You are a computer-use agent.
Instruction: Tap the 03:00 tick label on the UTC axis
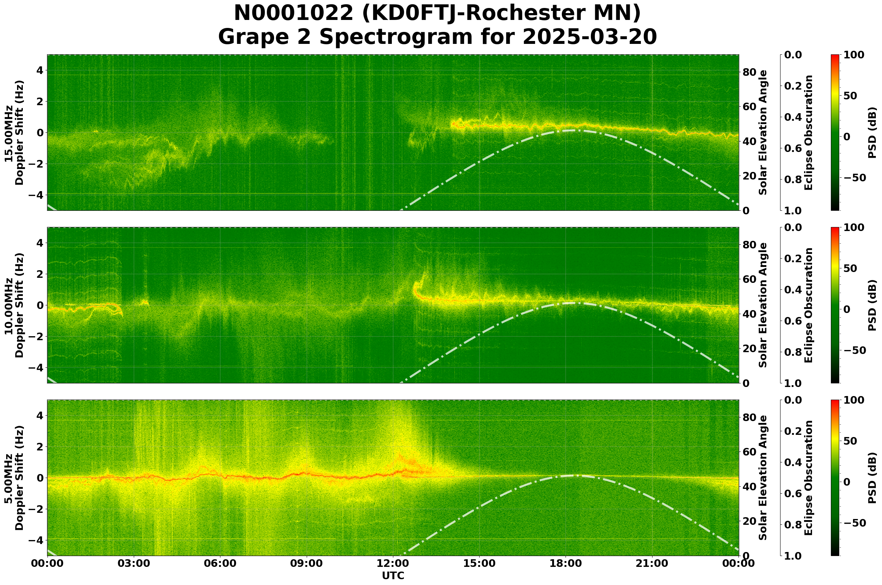133,563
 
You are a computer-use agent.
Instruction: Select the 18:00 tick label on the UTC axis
566,563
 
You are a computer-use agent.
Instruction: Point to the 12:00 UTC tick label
393,563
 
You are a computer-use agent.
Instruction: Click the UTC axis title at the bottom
393,576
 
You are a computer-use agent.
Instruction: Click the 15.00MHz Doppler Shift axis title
14,133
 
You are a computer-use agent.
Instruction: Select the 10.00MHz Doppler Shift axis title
14,305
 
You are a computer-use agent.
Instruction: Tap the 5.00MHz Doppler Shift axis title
14,478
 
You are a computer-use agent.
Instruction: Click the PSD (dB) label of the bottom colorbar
872,478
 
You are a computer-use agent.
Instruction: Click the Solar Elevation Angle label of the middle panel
763,305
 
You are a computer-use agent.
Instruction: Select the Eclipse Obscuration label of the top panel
808,133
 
